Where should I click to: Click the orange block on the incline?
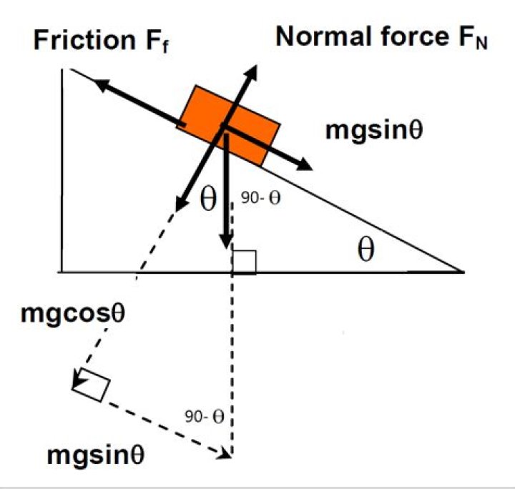[229, 125]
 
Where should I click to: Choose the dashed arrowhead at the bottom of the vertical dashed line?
[231, 452]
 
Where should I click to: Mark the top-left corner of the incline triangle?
[64, 69]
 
